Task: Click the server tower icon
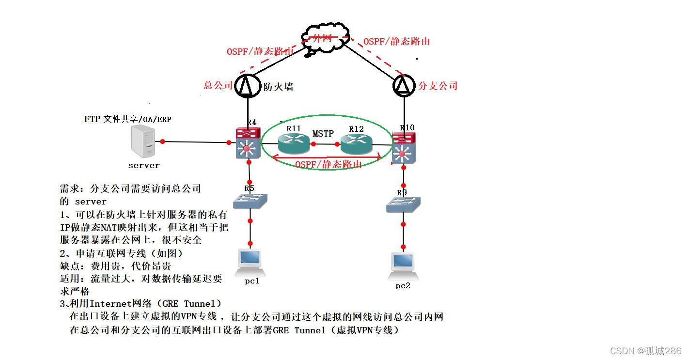[143, 141]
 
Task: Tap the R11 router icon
[294, 143]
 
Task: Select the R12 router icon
[356, 143]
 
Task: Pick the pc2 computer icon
[403, 266]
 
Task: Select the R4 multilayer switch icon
[249, 143]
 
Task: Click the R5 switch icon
[250, 201]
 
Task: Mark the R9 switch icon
[403, 204]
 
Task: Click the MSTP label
[323, 133]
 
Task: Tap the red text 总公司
[218, 86]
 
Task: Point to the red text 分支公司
[438, 86]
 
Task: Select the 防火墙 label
[278, 87]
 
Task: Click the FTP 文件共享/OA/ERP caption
[127, 119]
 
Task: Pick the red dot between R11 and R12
[313, 144]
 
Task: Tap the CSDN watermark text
[645, 351]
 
